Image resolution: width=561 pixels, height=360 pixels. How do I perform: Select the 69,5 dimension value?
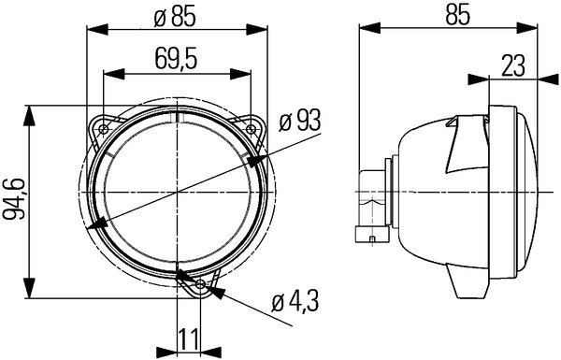pyautogui.click(x=177, y=60)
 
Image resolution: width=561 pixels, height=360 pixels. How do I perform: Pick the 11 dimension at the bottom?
pyautogui.click(x=189, y=339)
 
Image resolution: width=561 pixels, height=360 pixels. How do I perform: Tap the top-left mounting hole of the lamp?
pyautogui.click(x=104, y=126)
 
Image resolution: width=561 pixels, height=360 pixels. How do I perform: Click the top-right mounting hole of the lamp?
pyautogui.click(x=252, y=126)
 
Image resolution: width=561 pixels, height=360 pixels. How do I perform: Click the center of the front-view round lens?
pyautogui.click(x=178, y=192)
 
